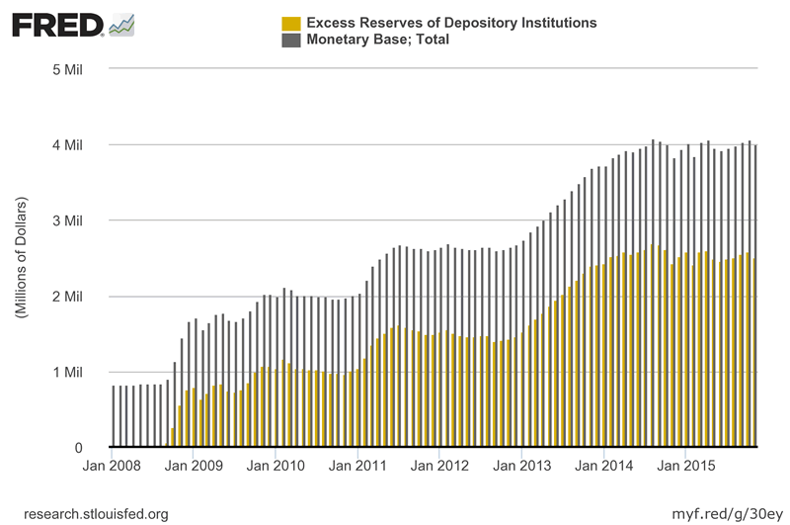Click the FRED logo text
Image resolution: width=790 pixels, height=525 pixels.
pos(56,25)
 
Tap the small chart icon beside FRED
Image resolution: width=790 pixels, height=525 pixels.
pos(121,25)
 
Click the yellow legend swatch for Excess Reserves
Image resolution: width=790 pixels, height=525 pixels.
pos(291,23)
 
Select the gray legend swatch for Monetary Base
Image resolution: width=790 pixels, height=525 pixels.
pos(291,41)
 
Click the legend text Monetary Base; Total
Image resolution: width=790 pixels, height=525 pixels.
pos(378,41)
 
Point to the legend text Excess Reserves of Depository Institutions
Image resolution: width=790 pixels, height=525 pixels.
pos(451,23)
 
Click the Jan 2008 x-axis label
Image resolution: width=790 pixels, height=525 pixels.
pos(111,465)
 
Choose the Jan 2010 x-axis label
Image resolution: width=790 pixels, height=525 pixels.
pos(274,465)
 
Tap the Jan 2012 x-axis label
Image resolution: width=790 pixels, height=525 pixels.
pos(439,465)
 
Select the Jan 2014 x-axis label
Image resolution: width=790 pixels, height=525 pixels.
pos(603,465)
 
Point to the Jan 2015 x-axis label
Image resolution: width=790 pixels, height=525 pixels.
pos(685,465)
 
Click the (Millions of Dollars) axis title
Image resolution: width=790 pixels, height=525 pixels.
pos(21,257)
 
